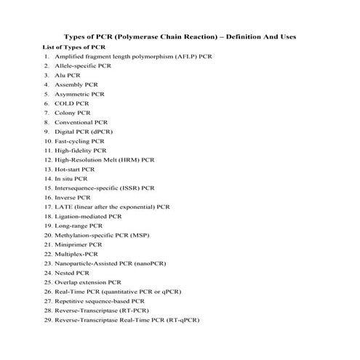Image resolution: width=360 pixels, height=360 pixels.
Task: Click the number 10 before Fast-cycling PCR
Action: coord(48,140)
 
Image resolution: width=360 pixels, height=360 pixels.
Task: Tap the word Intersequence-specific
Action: coord(87,188)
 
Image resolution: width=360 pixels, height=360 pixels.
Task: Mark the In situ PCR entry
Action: coord(71,178)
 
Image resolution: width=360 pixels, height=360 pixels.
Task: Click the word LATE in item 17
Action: coord(63,207)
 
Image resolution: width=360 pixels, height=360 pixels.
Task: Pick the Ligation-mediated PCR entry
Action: coord(88,216)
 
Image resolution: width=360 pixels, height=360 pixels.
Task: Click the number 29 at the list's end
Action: coord(48,320)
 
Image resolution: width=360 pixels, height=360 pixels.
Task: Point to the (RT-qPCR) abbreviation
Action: coord(182,320)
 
